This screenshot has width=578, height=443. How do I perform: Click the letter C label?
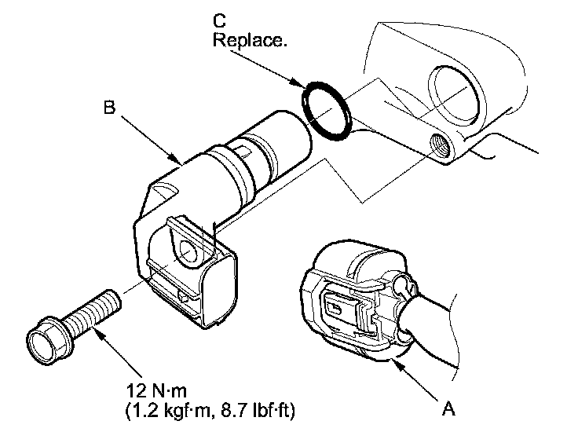tap(219, 20)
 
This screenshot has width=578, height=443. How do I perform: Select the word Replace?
tap(250, 39)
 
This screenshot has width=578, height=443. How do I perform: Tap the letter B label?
tap(109, 108)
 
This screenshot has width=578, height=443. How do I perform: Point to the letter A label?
tap(448, 408)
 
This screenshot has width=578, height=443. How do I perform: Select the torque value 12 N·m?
tap(156, 390)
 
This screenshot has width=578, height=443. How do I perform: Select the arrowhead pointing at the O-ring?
tap(298, 83)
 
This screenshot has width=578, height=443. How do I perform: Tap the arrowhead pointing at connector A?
tap(398, 366)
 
